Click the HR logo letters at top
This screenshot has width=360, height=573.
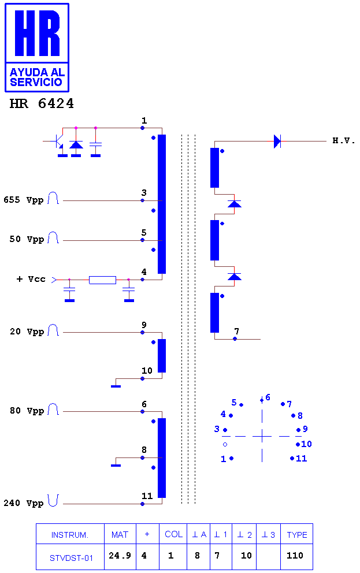(x=38, y=34)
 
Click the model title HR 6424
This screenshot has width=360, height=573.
(x=42, y=104)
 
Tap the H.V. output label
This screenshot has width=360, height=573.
(x=344, y=141)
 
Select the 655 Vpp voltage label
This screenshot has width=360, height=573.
(x=23, y=200)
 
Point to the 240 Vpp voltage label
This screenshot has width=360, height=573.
(x=23, y=503)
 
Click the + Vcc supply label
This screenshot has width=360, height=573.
(x=31, y=279)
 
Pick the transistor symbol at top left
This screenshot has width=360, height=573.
(x=59, y=141)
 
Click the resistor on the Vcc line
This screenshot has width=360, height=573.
(x=103, y=280)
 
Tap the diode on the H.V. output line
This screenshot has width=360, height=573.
(x=277, y=141)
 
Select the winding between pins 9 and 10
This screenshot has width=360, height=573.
(x=162, y=356)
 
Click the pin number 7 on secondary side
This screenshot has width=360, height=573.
(x=237, y=331)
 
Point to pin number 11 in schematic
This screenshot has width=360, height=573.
(x=147, y=496)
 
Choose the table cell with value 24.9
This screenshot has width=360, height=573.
(x=120, y=556)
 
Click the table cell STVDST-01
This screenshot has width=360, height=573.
(x=71, y=558)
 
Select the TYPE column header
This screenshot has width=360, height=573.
(x=297, y=535)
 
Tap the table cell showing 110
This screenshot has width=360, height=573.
(x=295, y=556)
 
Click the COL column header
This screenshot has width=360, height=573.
(x=173, y=534)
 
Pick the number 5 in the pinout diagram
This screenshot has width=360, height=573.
(x=234, y=403)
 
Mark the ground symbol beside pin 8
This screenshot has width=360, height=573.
(x=116, y=465)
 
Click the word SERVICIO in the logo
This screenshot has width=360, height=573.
(x=36, y=82)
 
